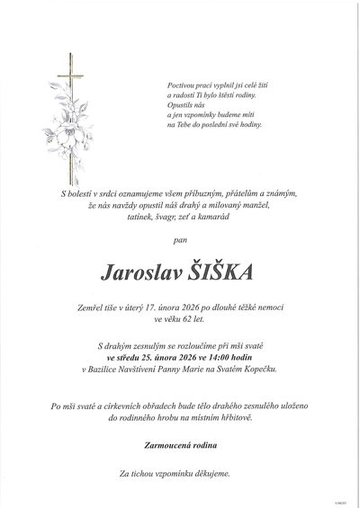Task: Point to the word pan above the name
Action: [181, 240]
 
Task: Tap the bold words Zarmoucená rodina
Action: [180, 445]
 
